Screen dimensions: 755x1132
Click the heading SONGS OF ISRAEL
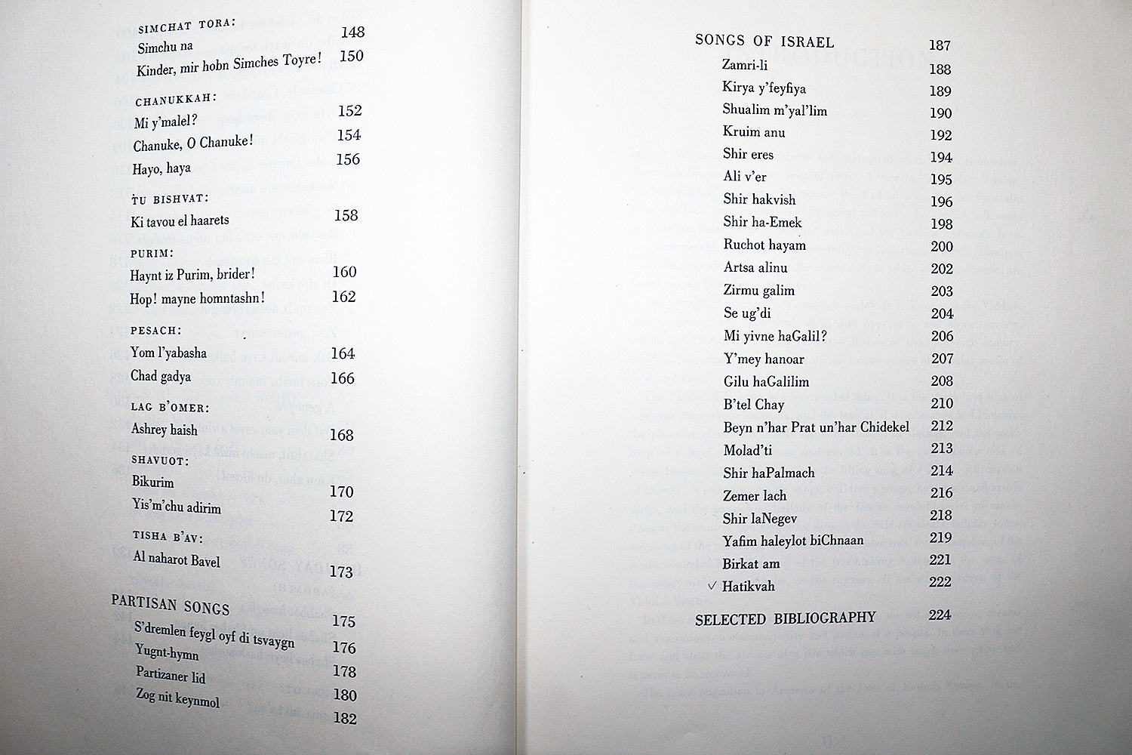point(764,42)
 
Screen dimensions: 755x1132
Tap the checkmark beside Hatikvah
point(712,586)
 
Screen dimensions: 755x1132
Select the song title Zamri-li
point(744,66)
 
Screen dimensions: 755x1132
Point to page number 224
point(940,615)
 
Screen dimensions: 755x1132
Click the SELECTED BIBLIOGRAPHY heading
point(785,619)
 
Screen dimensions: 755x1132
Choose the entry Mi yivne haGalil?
point(775,336)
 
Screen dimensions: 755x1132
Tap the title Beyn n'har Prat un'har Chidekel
point(816,427)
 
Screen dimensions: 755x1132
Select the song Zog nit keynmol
point(177,698)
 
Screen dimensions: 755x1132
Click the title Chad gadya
point(161,376)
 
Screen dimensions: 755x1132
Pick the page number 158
point(346,215)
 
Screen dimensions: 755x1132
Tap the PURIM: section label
point(152,254)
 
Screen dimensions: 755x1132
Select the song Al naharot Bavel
point(177,559)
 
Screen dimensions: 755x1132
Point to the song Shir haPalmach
point(768,473)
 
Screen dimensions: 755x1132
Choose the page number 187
point(940,45)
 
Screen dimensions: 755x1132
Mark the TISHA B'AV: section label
point(168,537)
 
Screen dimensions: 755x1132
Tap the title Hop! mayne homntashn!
point(198,298)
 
